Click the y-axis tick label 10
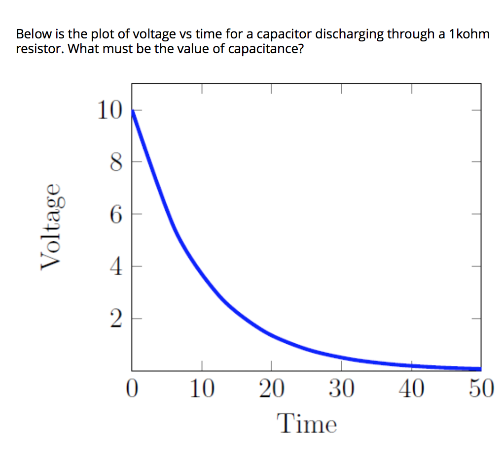click(108, 111)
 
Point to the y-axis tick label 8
click(114, 162)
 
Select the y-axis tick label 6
click(114, 215)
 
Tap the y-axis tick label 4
click(114, 267)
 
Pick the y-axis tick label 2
click(114, 320)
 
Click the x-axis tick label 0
click(131, 389)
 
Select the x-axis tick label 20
click(271, 389)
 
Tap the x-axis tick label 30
click(341, 389)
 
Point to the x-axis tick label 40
click(411, 389)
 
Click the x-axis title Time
click(307, 424)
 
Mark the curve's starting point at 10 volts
click(132, 110)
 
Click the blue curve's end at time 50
click(479, 368)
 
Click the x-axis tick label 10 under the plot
click(201, 389)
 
